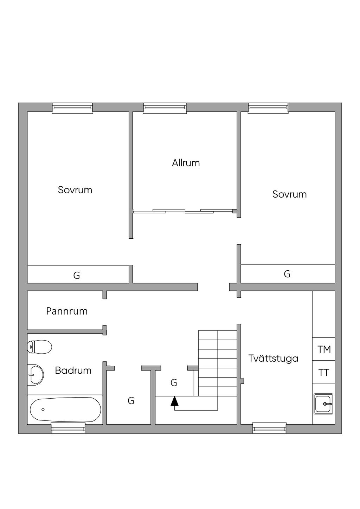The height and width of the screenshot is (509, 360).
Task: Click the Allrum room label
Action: point(186,163)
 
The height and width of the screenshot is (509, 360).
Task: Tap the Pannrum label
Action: point(67,311)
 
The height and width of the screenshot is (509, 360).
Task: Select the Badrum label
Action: point(73,371)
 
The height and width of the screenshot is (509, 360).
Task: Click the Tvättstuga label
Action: point(273,358)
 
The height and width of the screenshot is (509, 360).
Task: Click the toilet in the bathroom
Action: point(39,347)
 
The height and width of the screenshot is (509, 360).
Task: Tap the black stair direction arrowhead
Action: point(174,401)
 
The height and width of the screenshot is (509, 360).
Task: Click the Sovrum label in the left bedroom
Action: point(75,190)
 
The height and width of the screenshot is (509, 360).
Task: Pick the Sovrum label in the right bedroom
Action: point(290,194)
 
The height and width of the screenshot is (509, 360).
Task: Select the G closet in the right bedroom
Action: point(287,274)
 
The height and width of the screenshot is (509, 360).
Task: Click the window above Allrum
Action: point(165,108)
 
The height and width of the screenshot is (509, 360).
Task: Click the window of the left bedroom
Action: point(72,108)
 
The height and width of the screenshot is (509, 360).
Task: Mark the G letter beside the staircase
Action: point(174,383)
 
